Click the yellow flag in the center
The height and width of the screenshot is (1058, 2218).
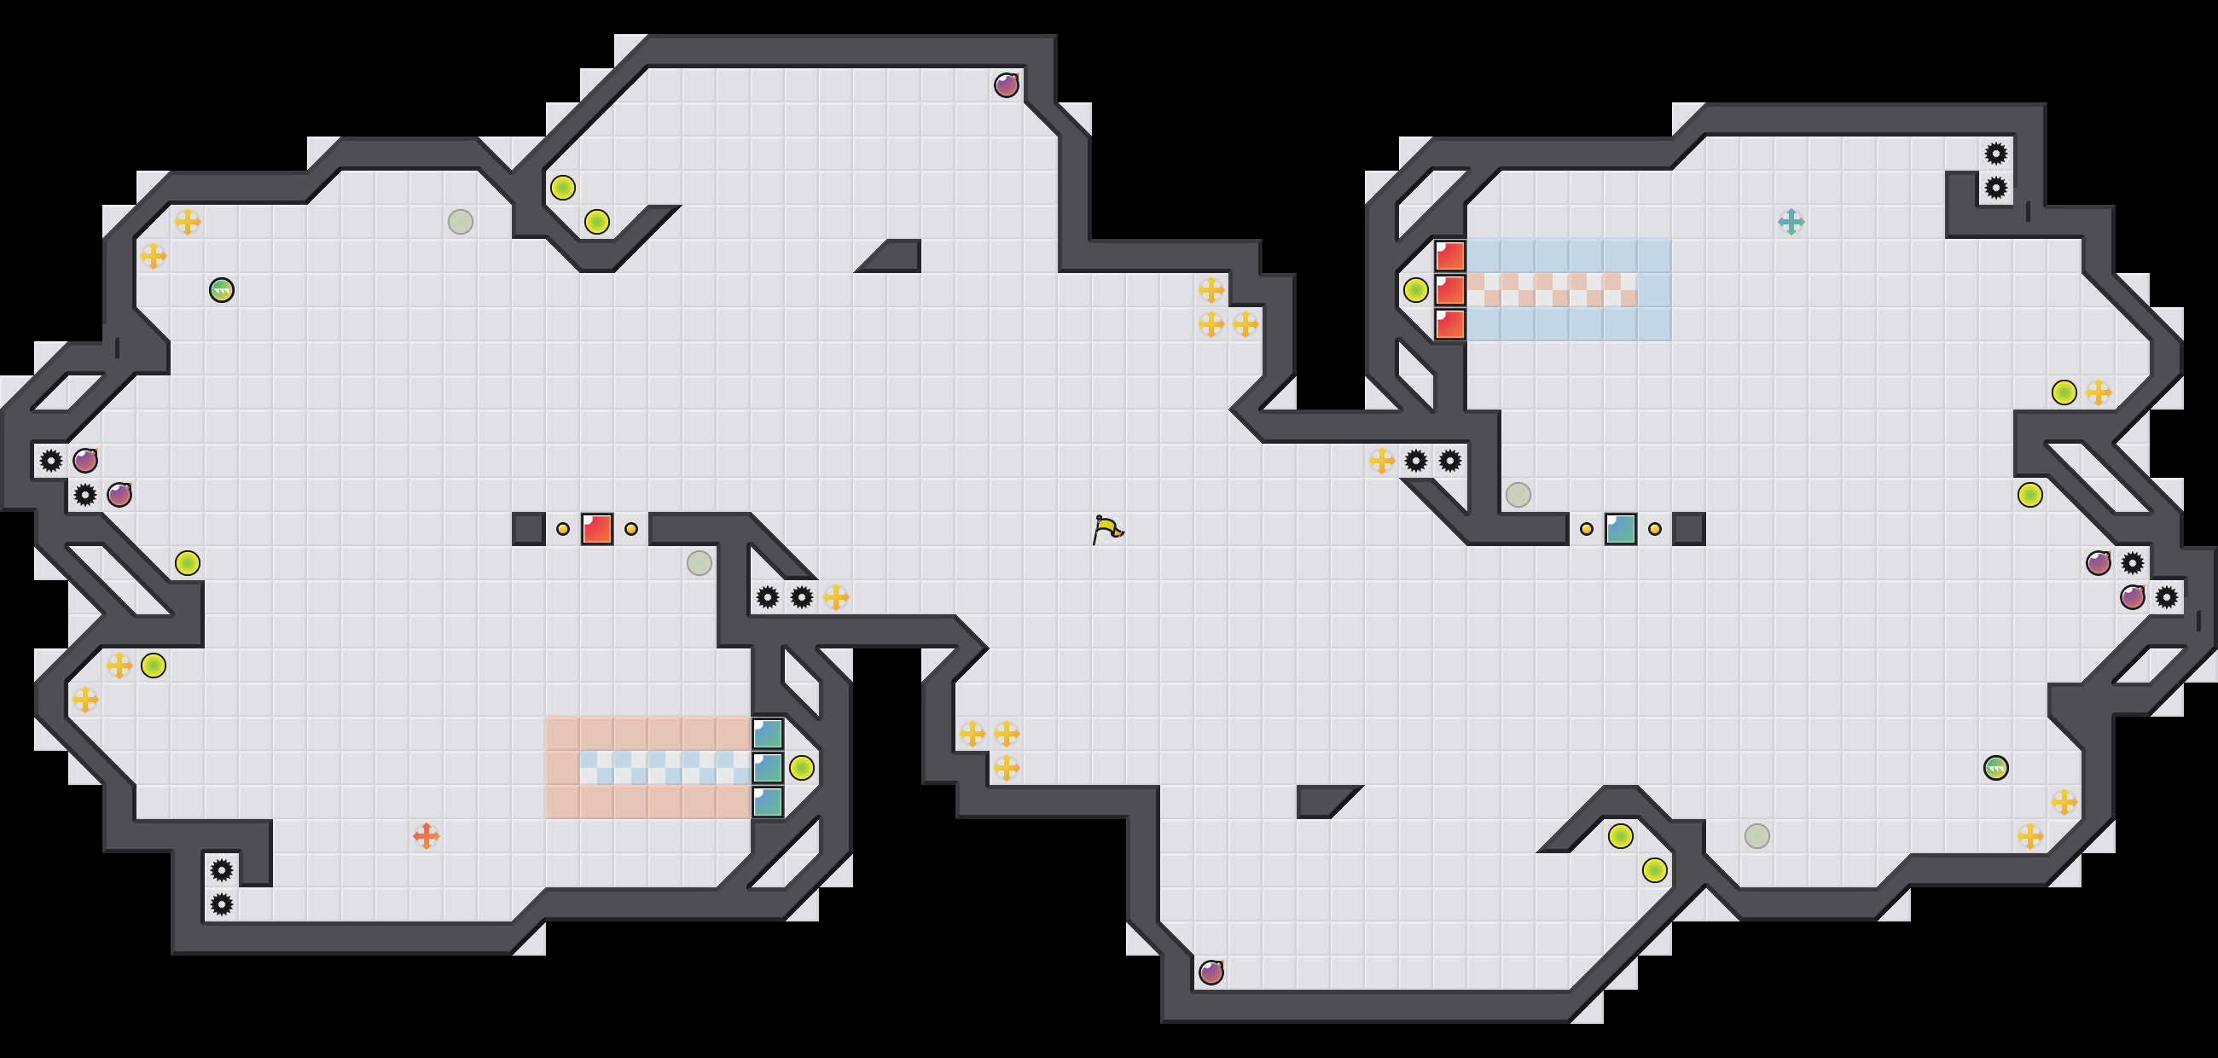tap(1107, 528)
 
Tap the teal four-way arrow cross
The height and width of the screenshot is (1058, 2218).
tap(1791, 222)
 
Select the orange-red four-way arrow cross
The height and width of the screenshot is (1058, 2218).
tap(427, 835)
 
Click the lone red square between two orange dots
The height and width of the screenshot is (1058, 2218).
tap(596, 528)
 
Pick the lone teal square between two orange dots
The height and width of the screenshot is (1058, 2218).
tap(1621, 528)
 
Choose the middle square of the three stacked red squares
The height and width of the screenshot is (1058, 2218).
tap(1450, 290)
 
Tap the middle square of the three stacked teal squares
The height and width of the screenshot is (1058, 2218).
tap(767, 767)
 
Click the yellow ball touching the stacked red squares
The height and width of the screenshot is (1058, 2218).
tap(1415, 290)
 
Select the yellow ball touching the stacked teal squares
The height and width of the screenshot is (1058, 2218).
tap(802, 767)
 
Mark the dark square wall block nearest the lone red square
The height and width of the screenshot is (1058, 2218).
tap(529, 528)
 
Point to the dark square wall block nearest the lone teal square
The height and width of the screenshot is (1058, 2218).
tap(1688, 528)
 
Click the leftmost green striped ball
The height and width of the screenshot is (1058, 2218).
tap(221, 290)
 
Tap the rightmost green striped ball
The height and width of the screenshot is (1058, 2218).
tap(1996, 767)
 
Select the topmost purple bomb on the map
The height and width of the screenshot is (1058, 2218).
tap(1006, 85)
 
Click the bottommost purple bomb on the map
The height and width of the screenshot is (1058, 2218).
tap(1211, 972)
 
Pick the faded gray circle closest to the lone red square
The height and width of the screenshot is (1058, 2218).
tap(700, 563)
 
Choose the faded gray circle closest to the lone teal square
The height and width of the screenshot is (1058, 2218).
tap(1518, 495)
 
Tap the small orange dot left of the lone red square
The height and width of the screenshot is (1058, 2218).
tap(562, 528)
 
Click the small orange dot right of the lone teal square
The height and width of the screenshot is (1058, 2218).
tap(1654, 528)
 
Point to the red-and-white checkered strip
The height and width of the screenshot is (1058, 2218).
tap(1552, 290)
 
